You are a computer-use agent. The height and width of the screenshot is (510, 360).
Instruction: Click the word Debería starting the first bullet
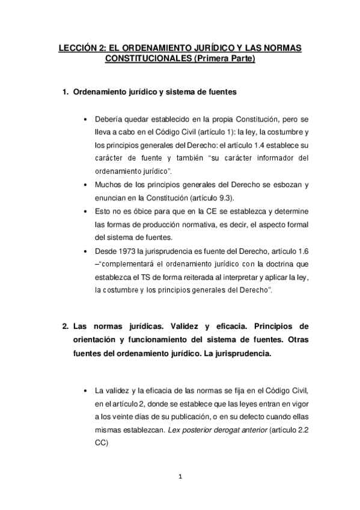[109, 118]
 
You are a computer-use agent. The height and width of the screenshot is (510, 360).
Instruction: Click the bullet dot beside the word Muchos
[88, 185]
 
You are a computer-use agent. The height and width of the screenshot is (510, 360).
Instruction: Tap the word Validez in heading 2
[186, 327]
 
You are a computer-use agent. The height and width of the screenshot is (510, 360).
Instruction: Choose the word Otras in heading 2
[296, 340]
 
